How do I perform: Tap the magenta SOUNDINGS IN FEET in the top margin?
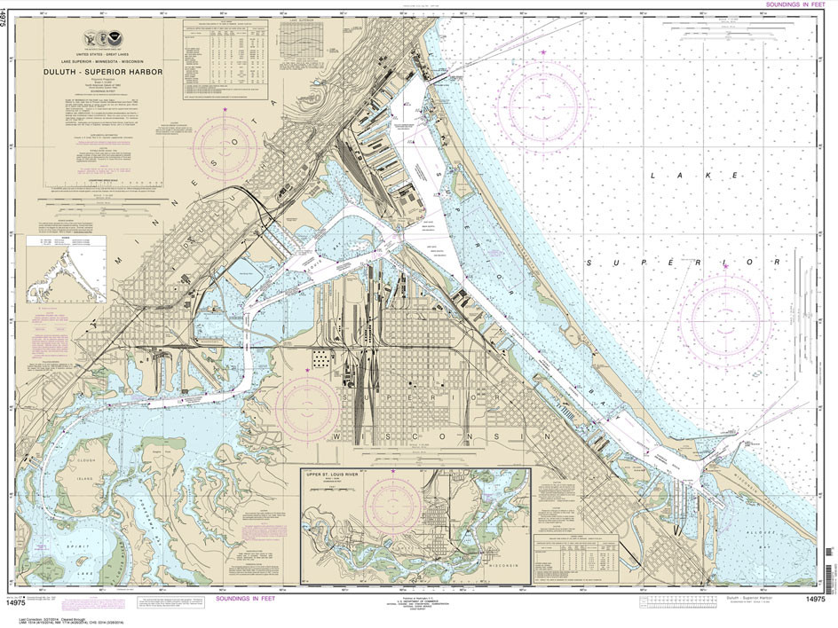[x=791, y=5]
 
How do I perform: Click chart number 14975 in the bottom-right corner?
[x=793, y=601]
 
